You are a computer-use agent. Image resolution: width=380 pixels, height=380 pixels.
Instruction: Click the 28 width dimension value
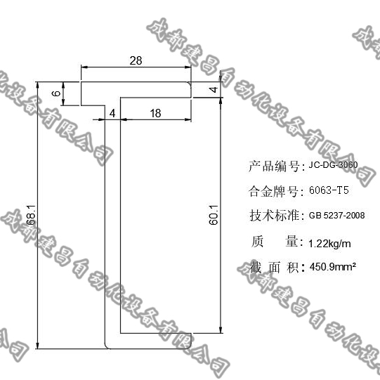(136, 61)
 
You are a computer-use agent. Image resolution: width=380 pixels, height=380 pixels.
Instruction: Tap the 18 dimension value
(155, 113)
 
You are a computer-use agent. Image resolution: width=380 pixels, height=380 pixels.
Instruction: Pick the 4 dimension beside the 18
(112, 113)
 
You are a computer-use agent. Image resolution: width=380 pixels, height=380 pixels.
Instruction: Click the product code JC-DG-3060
(333, 166)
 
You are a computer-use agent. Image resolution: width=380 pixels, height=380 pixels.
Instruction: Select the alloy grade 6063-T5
(329, 190)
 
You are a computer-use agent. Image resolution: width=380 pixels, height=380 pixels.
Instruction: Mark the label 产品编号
(273, 166)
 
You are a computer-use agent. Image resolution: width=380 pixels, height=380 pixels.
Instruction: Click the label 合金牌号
(273, 190)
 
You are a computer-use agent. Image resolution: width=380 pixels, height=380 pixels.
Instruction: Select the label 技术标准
(273, 215)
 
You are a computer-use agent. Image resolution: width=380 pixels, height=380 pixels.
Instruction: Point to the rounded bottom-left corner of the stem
(107, 343)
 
